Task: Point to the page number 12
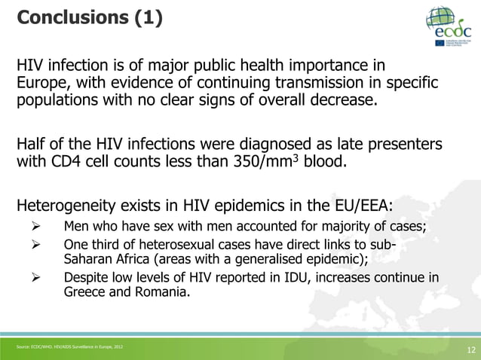tap(471, 349)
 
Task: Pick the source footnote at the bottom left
tap(68, 346)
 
